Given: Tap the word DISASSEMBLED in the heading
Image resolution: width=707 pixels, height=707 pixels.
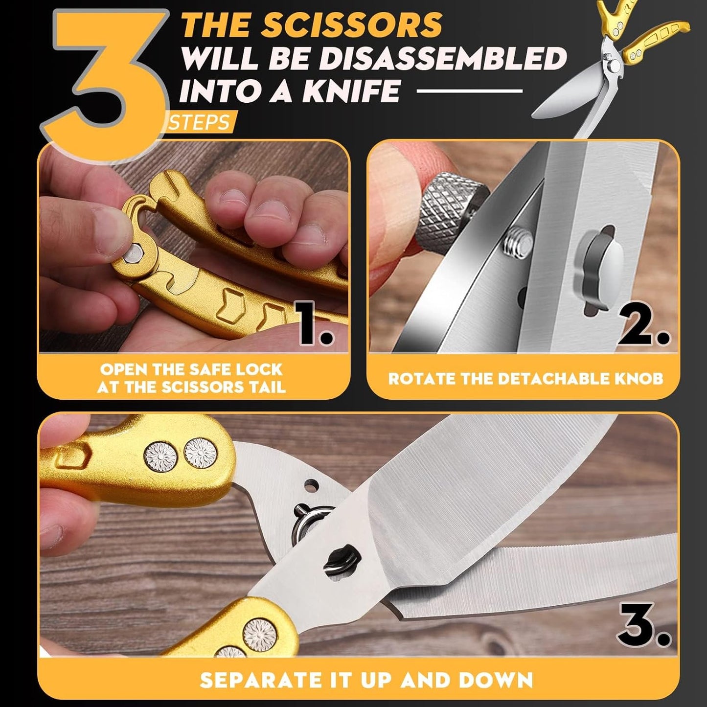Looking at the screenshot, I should coord(442,59).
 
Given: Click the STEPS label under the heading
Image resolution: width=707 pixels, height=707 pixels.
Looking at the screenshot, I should coord(200,122).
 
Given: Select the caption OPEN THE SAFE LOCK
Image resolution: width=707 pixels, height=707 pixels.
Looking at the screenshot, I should coord(191,378).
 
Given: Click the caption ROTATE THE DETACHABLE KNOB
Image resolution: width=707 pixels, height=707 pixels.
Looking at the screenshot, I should coord(525,378).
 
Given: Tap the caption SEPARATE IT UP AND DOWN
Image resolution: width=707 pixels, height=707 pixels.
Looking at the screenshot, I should coord(366,680).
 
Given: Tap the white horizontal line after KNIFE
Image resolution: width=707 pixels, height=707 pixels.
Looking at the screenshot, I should coord(469,91).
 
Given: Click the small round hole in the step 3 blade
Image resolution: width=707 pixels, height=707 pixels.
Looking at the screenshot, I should coord(309,485).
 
